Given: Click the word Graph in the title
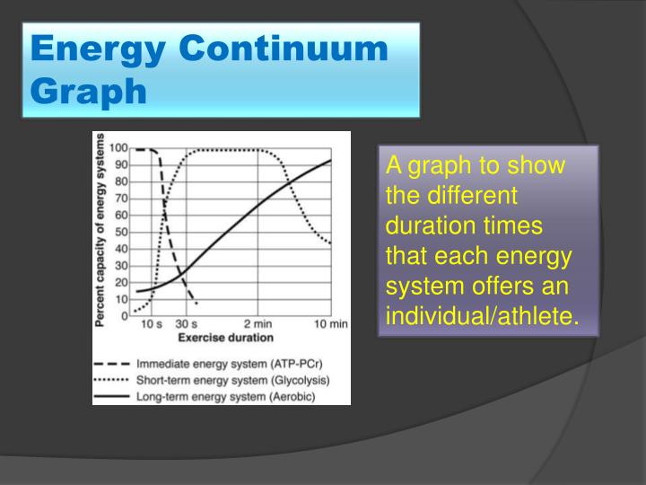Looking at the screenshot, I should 88,90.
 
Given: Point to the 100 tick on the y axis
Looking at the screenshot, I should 118,149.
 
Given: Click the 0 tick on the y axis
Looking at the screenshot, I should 124,315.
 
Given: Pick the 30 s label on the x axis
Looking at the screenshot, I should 186,324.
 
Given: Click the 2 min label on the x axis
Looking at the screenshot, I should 258,324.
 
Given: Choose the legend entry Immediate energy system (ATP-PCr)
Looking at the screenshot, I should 231,365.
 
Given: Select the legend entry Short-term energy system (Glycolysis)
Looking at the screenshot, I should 232,380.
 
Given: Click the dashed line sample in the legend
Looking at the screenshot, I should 113,365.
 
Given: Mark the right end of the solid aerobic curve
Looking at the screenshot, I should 330,161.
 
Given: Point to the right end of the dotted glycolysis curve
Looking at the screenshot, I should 330,242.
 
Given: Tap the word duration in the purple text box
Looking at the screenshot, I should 424,225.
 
